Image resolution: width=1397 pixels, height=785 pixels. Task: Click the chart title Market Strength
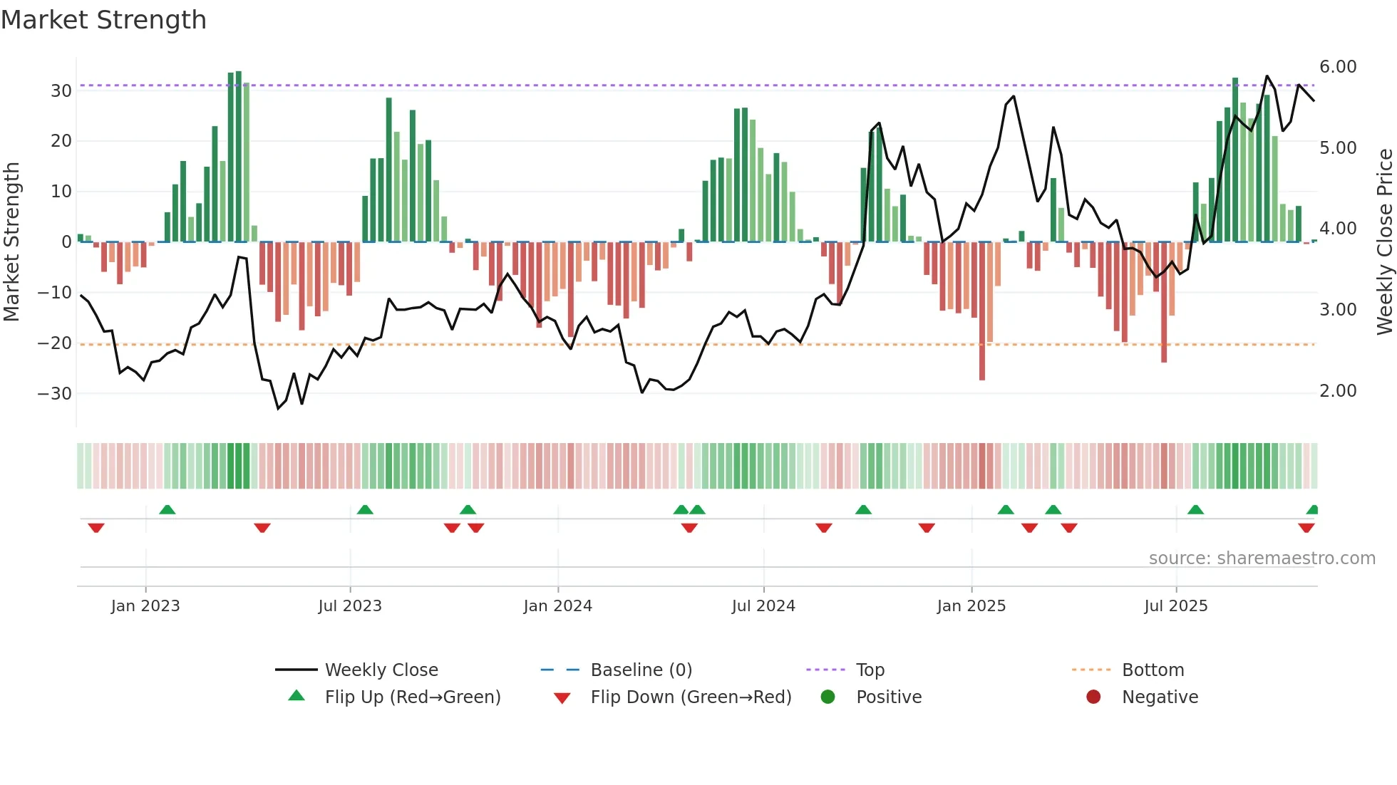[103, 20]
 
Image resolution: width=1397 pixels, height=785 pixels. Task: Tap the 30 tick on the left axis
[61, 91]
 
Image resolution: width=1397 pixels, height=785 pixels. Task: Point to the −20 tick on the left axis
[55, 343]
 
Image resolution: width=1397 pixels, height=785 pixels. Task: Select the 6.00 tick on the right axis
[1337, 67]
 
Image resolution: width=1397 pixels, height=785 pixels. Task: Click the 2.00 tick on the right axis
[1337, 391]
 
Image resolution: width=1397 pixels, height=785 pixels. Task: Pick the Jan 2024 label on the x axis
[557, 606]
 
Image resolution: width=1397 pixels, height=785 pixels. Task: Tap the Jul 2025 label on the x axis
[1175, 606]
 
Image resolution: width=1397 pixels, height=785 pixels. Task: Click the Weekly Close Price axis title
[1384, 242]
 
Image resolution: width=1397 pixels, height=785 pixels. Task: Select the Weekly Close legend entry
[381, 670]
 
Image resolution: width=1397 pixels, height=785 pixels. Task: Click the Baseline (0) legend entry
[641, 670]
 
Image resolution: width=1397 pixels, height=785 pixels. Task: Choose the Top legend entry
[870, 670]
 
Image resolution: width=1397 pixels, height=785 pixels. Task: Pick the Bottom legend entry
[1153, 670]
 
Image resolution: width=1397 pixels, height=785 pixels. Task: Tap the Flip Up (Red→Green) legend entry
[412, 697]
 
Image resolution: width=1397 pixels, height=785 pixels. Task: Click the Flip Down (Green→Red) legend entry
[691, 697]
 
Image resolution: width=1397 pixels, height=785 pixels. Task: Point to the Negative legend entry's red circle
[1093, 697]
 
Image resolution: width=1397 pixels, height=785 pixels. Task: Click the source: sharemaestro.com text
[1262, 558]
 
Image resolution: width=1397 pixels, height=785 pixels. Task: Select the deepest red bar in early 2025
[982, 311]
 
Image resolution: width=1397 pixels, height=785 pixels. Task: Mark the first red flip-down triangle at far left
[96, 528]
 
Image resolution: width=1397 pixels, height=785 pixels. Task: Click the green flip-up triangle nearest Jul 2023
[365, 509]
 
